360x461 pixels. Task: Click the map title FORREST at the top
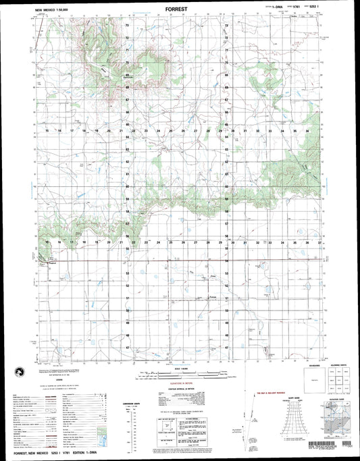[180, 10]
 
